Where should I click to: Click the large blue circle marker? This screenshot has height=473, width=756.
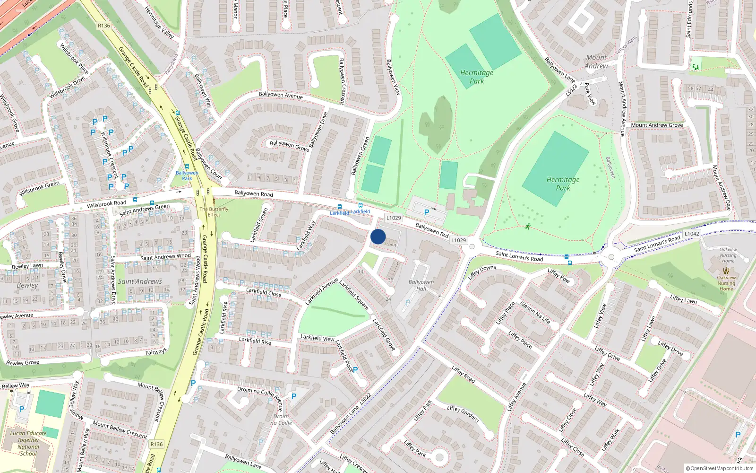click(378, 236)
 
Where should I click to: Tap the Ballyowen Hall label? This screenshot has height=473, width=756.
click(421, 285)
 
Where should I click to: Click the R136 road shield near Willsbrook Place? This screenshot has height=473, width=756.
click(104, 26)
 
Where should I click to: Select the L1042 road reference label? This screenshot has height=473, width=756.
click(692, 234)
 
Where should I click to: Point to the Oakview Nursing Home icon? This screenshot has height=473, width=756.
click(726, 271)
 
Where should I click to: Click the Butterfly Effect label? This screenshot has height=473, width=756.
click(214, 211)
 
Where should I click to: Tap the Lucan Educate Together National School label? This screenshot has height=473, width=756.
click(28, 443)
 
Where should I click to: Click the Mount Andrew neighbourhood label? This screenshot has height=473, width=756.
click(596, 61)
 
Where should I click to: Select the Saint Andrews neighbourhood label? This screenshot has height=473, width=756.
click(140, 281)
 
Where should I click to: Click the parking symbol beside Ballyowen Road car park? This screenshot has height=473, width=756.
click(427, 213)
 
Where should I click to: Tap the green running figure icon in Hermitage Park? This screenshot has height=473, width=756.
click(527, 227)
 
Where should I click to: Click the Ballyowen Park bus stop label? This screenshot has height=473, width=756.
click(187, 175)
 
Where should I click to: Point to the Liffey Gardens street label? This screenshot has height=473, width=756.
click(463, 414)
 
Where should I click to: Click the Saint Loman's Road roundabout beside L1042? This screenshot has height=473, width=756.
click(611, 257)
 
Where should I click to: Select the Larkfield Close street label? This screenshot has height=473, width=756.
click(264, 293)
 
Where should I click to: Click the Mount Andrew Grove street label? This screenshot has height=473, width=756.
click(657, 125)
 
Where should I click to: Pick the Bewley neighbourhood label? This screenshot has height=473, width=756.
click(27, 285)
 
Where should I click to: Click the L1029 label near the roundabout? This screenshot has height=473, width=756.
click(458, 240)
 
